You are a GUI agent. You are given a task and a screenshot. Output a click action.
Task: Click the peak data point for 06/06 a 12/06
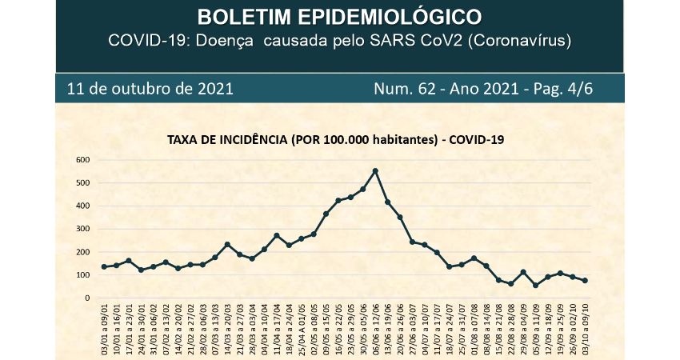[375, 170]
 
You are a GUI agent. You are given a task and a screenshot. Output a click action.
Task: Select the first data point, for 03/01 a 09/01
[104, 266]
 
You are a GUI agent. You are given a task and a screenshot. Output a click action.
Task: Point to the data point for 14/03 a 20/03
[227, 244]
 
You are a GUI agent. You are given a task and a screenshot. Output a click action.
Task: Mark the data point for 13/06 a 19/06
[387, 202]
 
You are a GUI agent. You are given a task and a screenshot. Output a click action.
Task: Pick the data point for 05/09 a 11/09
[535, 285]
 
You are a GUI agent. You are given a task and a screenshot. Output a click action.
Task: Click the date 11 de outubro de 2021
[150, 88]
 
